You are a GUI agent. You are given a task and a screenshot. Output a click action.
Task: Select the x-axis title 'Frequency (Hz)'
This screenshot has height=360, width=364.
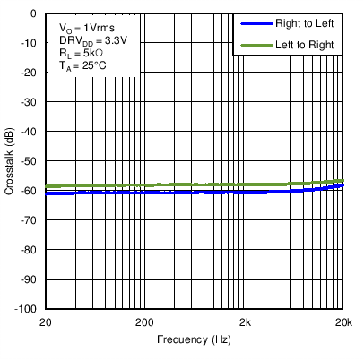(x=194, y=340)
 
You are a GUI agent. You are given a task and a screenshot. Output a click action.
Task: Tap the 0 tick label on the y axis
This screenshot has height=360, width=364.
(x=32, y=14)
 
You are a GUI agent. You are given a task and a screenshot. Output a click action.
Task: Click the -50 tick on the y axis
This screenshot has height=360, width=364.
(x=29, y=161)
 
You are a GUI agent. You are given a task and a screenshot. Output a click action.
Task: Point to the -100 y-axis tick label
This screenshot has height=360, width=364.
(x=26, y=309)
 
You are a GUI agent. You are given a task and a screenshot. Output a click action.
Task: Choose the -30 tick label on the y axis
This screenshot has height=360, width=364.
(x=29, y=102)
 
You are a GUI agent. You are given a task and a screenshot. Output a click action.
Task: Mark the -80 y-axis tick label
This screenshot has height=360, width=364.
(x=29, y=250)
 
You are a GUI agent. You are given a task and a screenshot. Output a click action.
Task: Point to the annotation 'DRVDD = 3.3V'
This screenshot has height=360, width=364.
(x=88, y=42)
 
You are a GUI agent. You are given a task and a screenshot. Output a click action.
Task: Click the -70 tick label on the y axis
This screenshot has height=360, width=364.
(x=29, y=220)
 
